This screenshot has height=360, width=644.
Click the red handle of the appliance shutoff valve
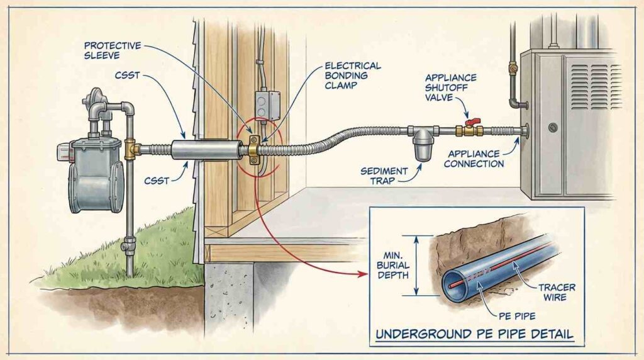point(469,120)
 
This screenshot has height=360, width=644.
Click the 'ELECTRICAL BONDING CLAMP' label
point(352,76)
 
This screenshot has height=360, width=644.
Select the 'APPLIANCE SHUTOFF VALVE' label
point(451,87)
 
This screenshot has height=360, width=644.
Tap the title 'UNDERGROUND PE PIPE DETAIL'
point(474,334)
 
